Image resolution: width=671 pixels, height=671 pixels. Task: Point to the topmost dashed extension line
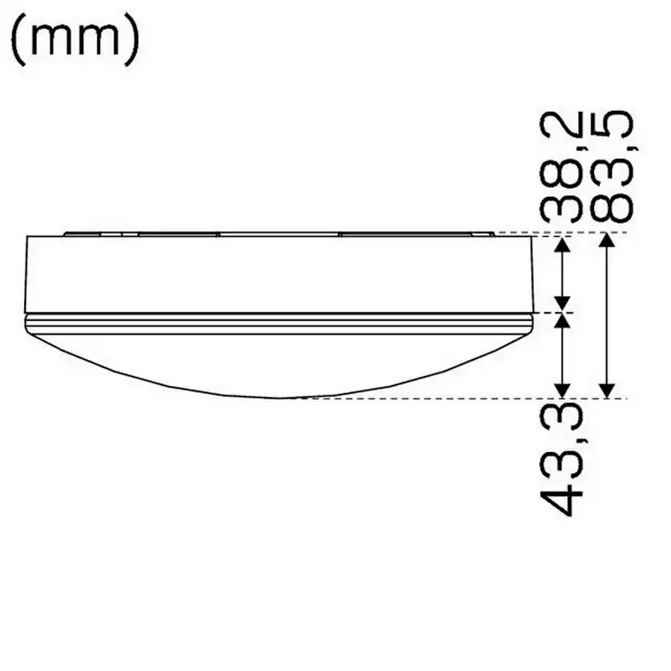pos(567,233)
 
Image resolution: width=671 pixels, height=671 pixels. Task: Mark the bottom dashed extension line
pos(486,399)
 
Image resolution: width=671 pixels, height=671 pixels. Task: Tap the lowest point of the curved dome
pos(280,398)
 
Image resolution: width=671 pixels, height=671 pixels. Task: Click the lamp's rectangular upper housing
pos(276,274)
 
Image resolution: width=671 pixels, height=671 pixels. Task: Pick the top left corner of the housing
pos(28,237)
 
